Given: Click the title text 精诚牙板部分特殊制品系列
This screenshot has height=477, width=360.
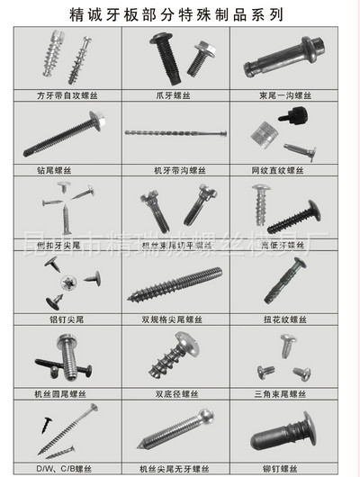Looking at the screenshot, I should (x=180, y=15).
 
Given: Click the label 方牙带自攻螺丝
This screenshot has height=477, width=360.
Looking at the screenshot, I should (x=65, y=94).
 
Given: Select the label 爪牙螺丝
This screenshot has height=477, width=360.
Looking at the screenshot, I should (x=180, y=94).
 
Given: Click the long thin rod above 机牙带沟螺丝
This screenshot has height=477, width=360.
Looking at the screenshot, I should (x=180, y=134).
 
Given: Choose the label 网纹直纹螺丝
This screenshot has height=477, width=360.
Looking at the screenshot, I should (x=288, y=168).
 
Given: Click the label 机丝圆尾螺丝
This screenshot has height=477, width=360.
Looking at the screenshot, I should (x=65, y=393).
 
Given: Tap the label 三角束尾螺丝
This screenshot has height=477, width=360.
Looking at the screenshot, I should (x=288, y=393).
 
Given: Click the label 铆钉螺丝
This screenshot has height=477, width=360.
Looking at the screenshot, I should (x=288, y=468).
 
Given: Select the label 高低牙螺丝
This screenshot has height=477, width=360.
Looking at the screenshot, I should (x=288, y=243).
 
